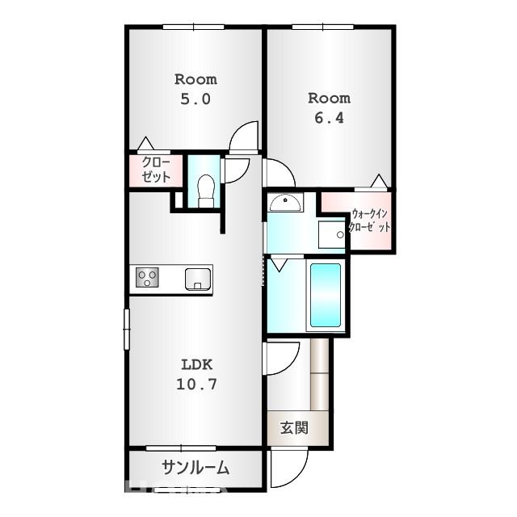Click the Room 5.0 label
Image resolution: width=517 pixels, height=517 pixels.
click(x=195, y=89)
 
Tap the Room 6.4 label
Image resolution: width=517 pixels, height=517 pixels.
click(x=329, y=107)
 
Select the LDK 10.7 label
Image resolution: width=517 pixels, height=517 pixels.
click(x=196, y=374)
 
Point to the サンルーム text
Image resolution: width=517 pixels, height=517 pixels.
click(x=195, y=467)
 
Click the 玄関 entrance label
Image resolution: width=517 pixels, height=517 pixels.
click(x=294, y=428)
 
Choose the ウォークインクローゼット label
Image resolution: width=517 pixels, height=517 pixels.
click(x=371, y=221)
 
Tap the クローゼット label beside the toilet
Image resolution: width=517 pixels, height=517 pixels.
click(x=155, y=170)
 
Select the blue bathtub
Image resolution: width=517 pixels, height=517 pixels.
click(x=325, y=295)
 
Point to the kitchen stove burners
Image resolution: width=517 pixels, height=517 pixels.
click(x=148, y=279)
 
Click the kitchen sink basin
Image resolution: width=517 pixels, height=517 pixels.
click(x=197, y=279)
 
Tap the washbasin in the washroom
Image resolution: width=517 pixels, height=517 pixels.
click(x=285, y=202)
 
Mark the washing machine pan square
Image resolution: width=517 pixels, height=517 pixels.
click(x=331, y=234)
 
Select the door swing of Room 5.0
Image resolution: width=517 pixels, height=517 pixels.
click(x=243, y=138)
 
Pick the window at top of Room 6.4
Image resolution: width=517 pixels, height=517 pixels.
click(x=322, y=27)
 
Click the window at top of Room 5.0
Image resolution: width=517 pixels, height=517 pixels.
click(x=193, y=27)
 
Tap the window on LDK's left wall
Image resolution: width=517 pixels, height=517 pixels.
click(x=127, y=329)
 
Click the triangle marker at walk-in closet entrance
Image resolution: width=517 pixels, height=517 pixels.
click(x=378, y=182)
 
